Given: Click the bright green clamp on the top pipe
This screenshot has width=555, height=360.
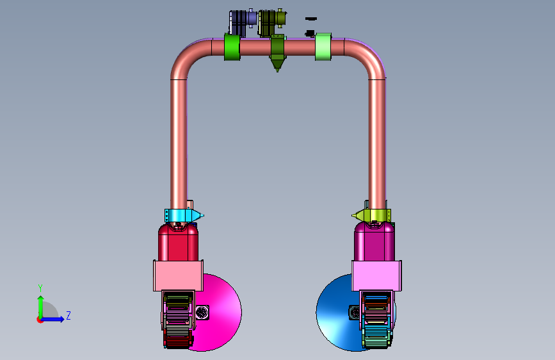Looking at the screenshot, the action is coord(232,47).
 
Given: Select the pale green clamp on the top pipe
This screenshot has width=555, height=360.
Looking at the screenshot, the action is coord(323,47).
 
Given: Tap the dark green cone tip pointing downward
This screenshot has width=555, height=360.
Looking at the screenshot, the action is coord(278,65).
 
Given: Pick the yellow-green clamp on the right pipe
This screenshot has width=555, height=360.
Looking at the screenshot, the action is coord(372,215).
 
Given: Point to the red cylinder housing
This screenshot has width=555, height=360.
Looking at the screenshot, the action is coord(178,243).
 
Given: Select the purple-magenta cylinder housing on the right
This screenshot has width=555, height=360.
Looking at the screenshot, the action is coord(374,243).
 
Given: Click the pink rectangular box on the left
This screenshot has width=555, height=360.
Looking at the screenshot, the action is coord(178,275).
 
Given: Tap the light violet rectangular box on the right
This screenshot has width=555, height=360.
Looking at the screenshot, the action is coord(376,275).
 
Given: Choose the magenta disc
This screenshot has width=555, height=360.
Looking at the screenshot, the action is coord(223,313).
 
